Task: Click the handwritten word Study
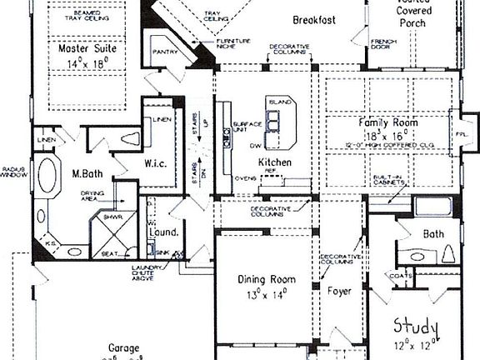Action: pyautogui.click(x=416, y=324)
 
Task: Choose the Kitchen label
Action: pyautogui.click(x=274, y=162)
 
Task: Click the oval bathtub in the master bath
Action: pyautogui.click(x=47, y=177)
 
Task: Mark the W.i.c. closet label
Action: pyautogui.click(x=156, y=162)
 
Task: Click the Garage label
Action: pyautogui.click(x=123, y=347)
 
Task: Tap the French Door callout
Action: pyautogui.click(x=382, y=43)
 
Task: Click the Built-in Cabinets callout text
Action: pyautogui.click(x=388, y=182)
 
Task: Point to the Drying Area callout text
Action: pyautogui.click(x=92, y=197)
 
